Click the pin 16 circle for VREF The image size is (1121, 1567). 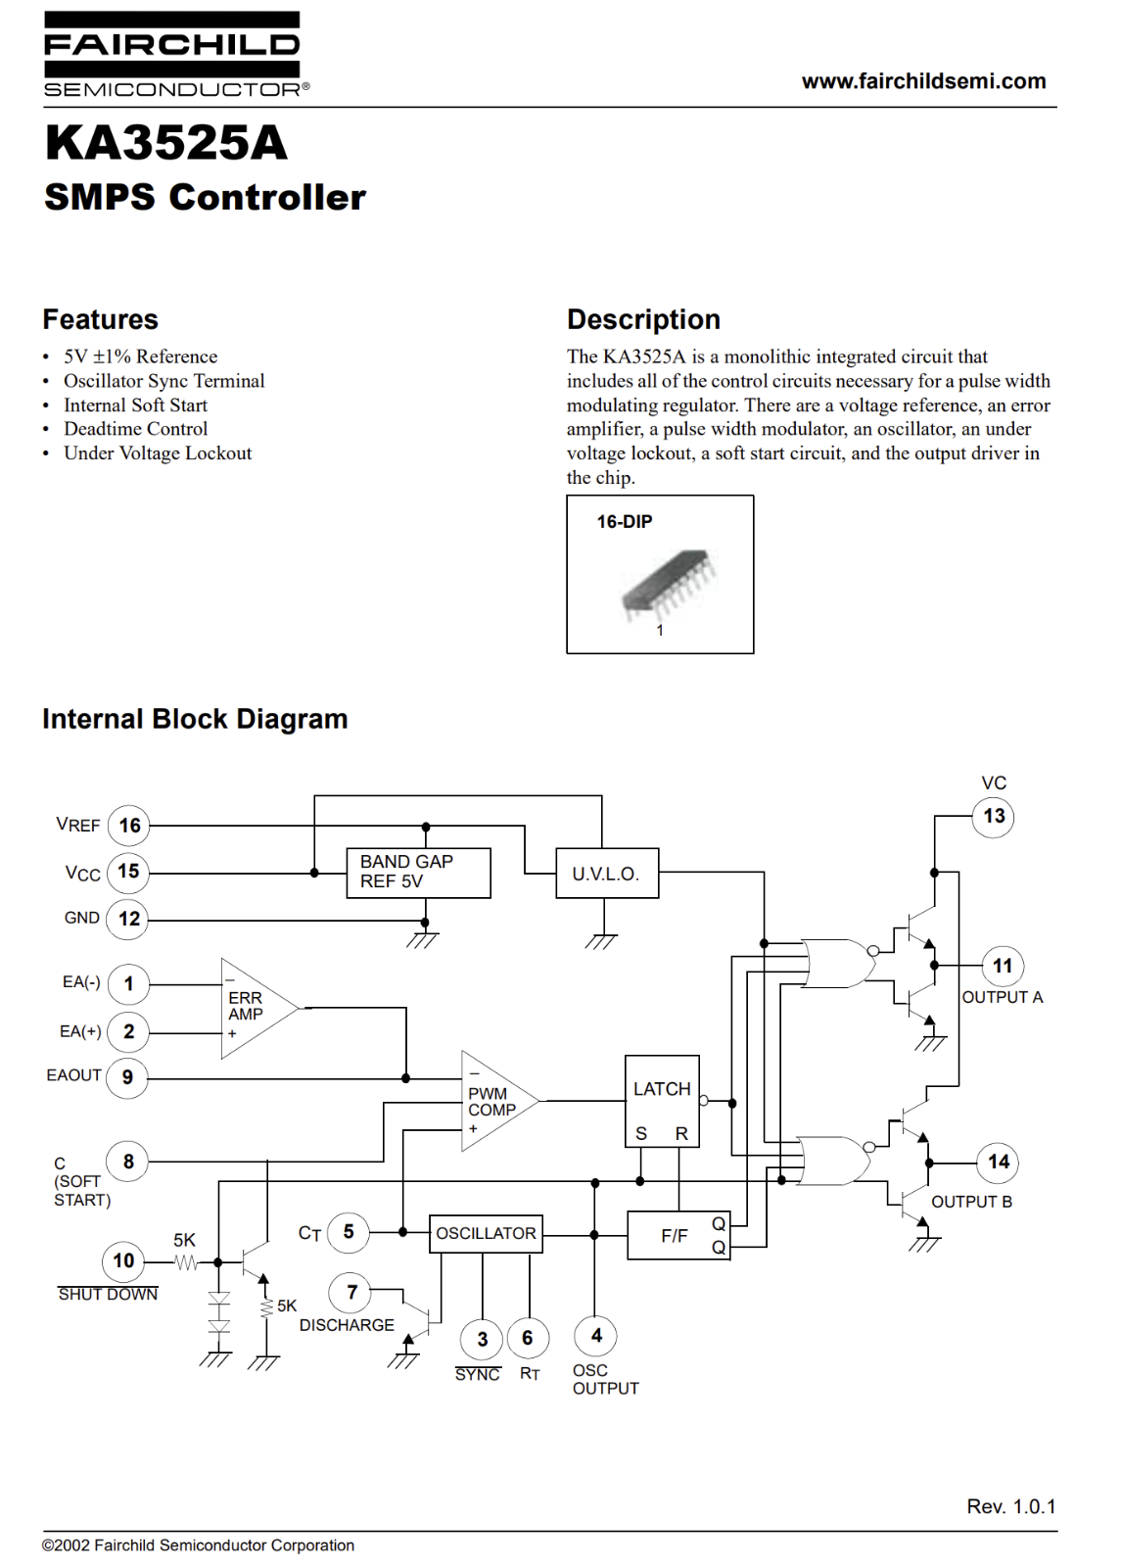(129, 826)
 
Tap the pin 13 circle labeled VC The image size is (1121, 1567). (994, 816)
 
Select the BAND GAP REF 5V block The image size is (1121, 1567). (418, 873)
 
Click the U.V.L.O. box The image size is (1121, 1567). (607, 873)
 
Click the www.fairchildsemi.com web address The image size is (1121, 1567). (924, 81)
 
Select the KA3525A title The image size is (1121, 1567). (165, 143)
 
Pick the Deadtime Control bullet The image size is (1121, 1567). (136, 429)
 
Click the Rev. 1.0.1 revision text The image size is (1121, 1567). (1011, 1507)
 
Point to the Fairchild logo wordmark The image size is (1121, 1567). (172, 45)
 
